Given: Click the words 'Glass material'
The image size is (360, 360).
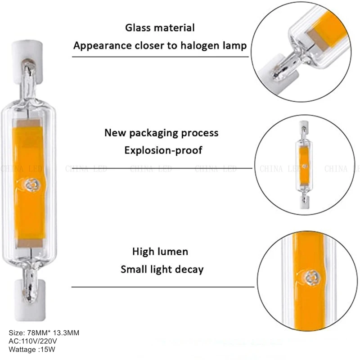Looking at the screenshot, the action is (160, 28).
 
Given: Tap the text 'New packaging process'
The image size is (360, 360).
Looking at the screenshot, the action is (161, 133).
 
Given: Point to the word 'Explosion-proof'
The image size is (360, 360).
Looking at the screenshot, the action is (163, 150).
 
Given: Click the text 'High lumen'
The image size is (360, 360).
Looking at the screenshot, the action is (160, 251).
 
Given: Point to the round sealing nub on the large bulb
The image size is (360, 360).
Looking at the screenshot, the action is (31, 184).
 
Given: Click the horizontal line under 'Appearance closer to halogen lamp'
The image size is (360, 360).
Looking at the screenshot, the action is (160, 57).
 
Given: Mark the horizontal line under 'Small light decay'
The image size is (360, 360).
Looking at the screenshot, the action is (162, 287).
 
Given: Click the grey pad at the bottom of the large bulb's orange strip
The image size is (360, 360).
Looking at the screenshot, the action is (30, 243).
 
